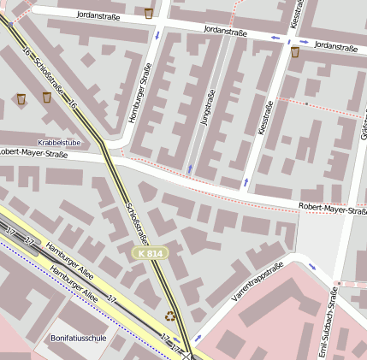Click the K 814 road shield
point(147,254)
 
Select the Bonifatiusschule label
point(79,338)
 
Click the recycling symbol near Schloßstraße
point(170,316)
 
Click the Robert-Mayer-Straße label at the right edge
point(332,209)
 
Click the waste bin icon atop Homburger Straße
point(149,13)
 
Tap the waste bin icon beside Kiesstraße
point(295,52)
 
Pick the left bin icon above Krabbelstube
point(21,99)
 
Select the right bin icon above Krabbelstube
point(46,97)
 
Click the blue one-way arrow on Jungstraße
point(190,168)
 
